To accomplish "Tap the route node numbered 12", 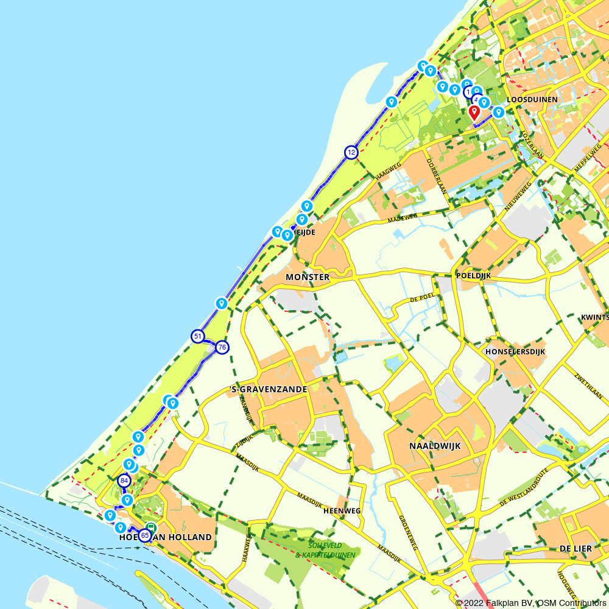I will [x=351, y=152].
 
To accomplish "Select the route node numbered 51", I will [x=197, y=336].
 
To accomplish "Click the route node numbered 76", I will [x=222, y=347].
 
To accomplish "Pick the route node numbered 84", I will [x=125, y=481].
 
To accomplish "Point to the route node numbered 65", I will [x=144, y=535].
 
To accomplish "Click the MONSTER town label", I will [x=307, y=277].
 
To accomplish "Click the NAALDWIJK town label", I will [x=435, y=446].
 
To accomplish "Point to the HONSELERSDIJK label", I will [x=515, y=351].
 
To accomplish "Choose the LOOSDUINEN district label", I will [x=532, y=99].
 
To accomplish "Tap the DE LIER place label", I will [x=576, y=549].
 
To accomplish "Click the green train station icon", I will [x=151, y=528].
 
